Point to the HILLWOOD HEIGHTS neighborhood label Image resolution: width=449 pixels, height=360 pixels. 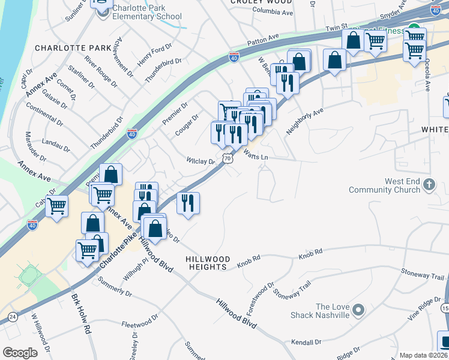pyautogui.click(x=207, y=262)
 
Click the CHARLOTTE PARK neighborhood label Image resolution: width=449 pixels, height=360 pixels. pyautogui.click(x=73, y=47)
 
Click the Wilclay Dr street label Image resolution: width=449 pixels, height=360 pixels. pyautogui.click(x=200, y=161)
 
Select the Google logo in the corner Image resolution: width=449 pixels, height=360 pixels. pyautogui.click(x=20, y=352)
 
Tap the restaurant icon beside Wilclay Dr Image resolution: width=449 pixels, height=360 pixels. pyautogui.click(x=188, y=204)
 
